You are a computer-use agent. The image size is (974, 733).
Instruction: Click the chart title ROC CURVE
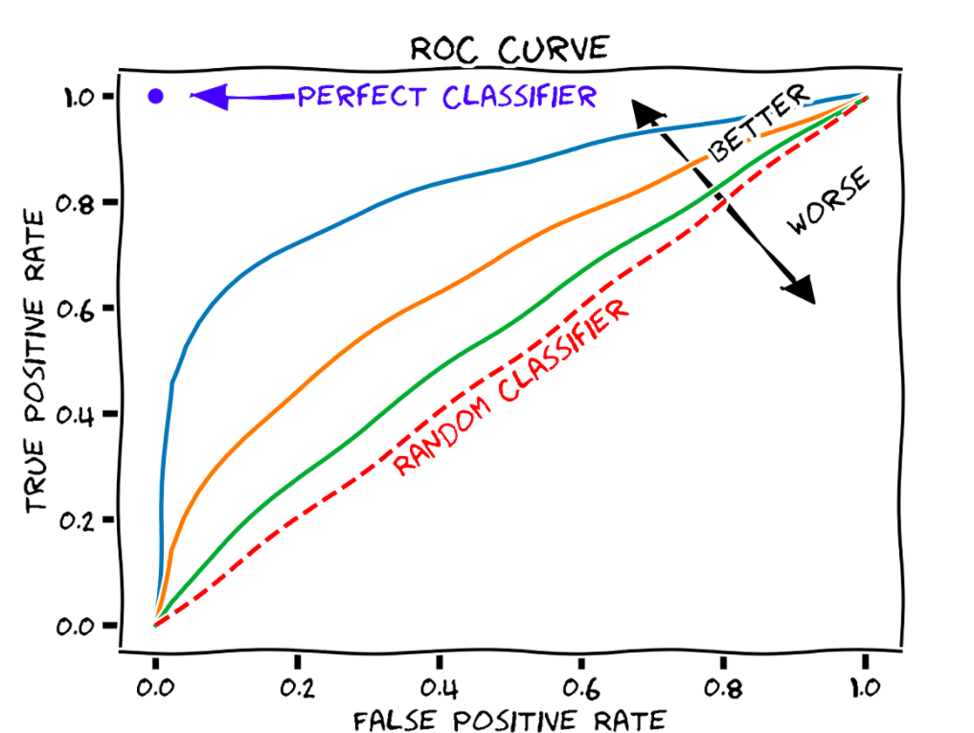[x=510, y=47]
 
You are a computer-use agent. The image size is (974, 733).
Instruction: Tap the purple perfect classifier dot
[x=157, y=96]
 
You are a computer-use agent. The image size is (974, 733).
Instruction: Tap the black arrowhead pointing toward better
[x=646, y=112]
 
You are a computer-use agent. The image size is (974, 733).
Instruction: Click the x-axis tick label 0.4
[x=439, y=687]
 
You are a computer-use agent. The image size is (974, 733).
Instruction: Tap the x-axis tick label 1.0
[x=864, y=687]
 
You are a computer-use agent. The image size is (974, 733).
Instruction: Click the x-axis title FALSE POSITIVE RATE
[x=509, y=719]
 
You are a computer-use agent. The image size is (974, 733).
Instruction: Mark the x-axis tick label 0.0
[x=155, y=687]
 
